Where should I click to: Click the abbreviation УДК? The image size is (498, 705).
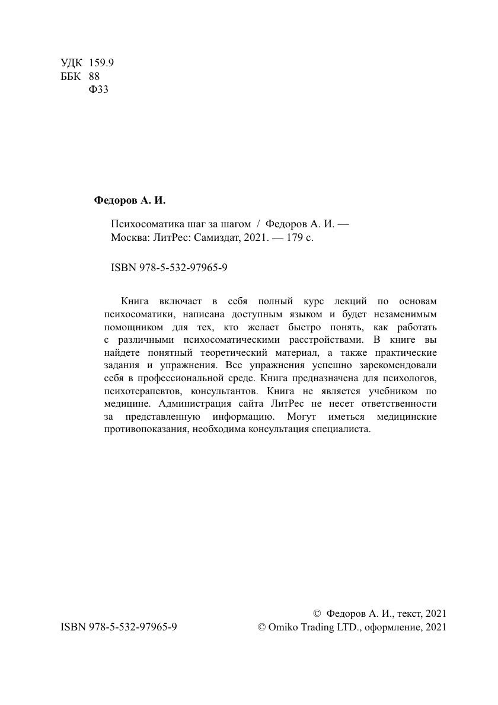(72, 63)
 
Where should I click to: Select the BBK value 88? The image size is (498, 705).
(94, 76)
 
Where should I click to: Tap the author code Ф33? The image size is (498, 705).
(98, 90)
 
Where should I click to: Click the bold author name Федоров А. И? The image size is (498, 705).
(130, 200)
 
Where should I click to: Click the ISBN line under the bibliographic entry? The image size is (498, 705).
(170, 268)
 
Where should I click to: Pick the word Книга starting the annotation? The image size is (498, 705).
(135, 301)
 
